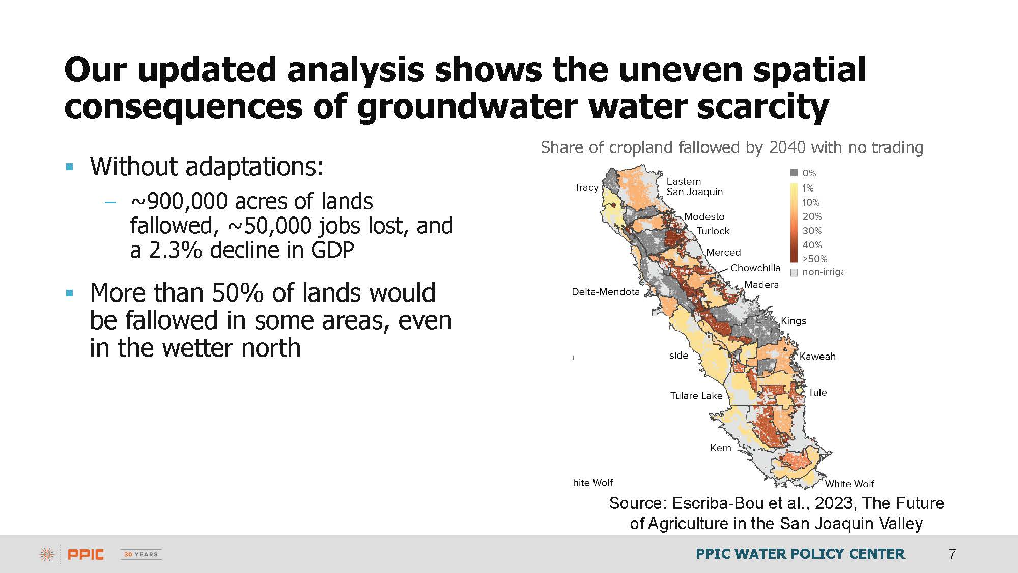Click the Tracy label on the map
[x=586, y=188]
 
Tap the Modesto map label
[x=704, y=216]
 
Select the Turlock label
[x=713, y=231]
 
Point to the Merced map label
[x=723, y=252]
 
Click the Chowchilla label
[x=755, y=268]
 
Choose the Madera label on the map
[x=761, y=285]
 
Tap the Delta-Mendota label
[x=606, y=292]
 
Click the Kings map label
[x=794, y=321]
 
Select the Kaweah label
[x=817, y=356]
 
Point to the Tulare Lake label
[x=696, y=395]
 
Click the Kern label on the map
[x=721, y=448]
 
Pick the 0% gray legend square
[x=794, y=173]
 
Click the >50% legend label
[x=814, y=259]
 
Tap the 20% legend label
[x=812, y=216]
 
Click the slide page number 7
[x=952, y=554]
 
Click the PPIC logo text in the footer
[x=86, y=554]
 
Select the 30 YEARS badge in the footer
[x=141, y=554]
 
